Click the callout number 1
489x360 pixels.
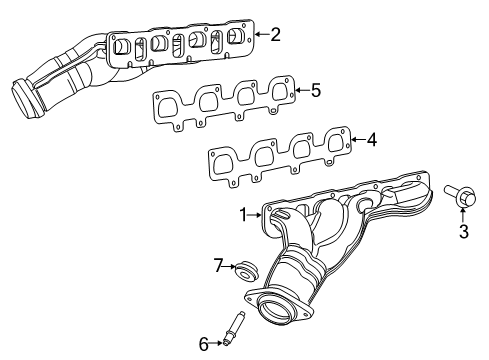(241, 214)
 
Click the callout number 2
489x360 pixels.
(275, 34)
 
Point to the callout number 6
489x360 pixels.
(203, 343)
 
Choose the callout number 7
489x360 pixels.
(216, 265)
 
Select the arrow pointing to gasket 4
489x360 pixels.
(356, 140)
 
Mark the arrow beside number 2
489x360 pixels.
(261, 34)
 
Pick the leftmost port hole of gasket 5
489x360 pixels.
(176, 104)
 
